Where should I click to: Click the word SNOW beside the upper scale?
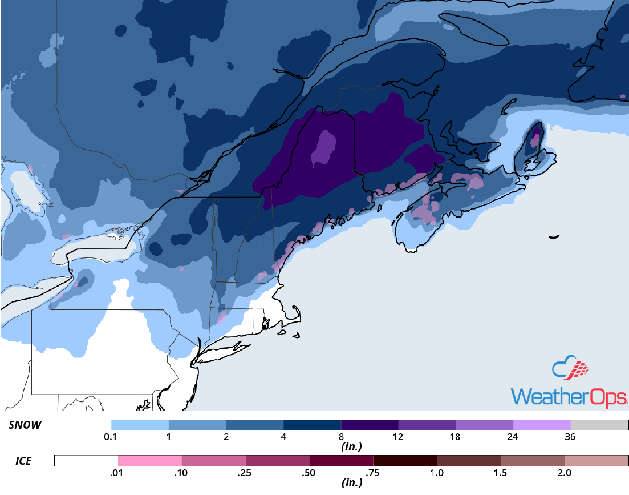tap(24, 425)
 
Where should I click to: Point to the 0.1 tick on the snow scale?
tap(111, 437)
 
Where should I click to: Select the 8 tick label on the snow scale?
tap(340, 437)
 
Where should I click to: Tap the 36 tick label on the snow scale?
tap(570, 437)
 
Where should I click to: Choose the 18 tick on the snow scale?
tap(455, 437)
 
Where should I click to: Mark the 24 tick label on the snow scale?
tap(513, 437)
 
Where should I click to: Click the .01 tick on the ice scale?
tap(118, 473)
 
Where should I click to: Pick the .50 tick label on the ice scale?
tap(309, 473)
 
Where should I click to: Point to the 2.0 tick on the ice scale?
tap(564, 473)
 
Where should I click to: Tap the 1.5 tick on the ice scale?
tap(500, 473)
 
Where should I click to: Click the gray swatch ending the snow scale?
tap(599, 425)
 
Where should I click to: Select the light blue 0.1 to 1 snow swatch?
tap(140, 425)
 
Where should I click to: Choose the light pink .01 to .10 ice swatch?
tap(149, 461)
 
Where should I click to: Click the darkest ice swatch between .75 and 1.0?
tap(405, 461)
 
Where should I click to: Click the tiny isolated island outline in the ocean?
tap(553, 237)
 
